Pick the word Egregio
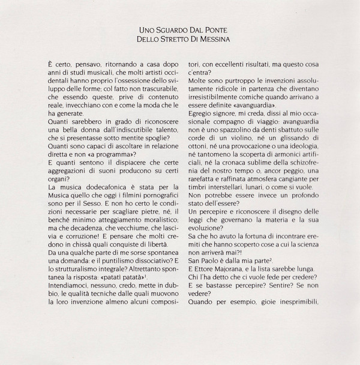206,127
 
